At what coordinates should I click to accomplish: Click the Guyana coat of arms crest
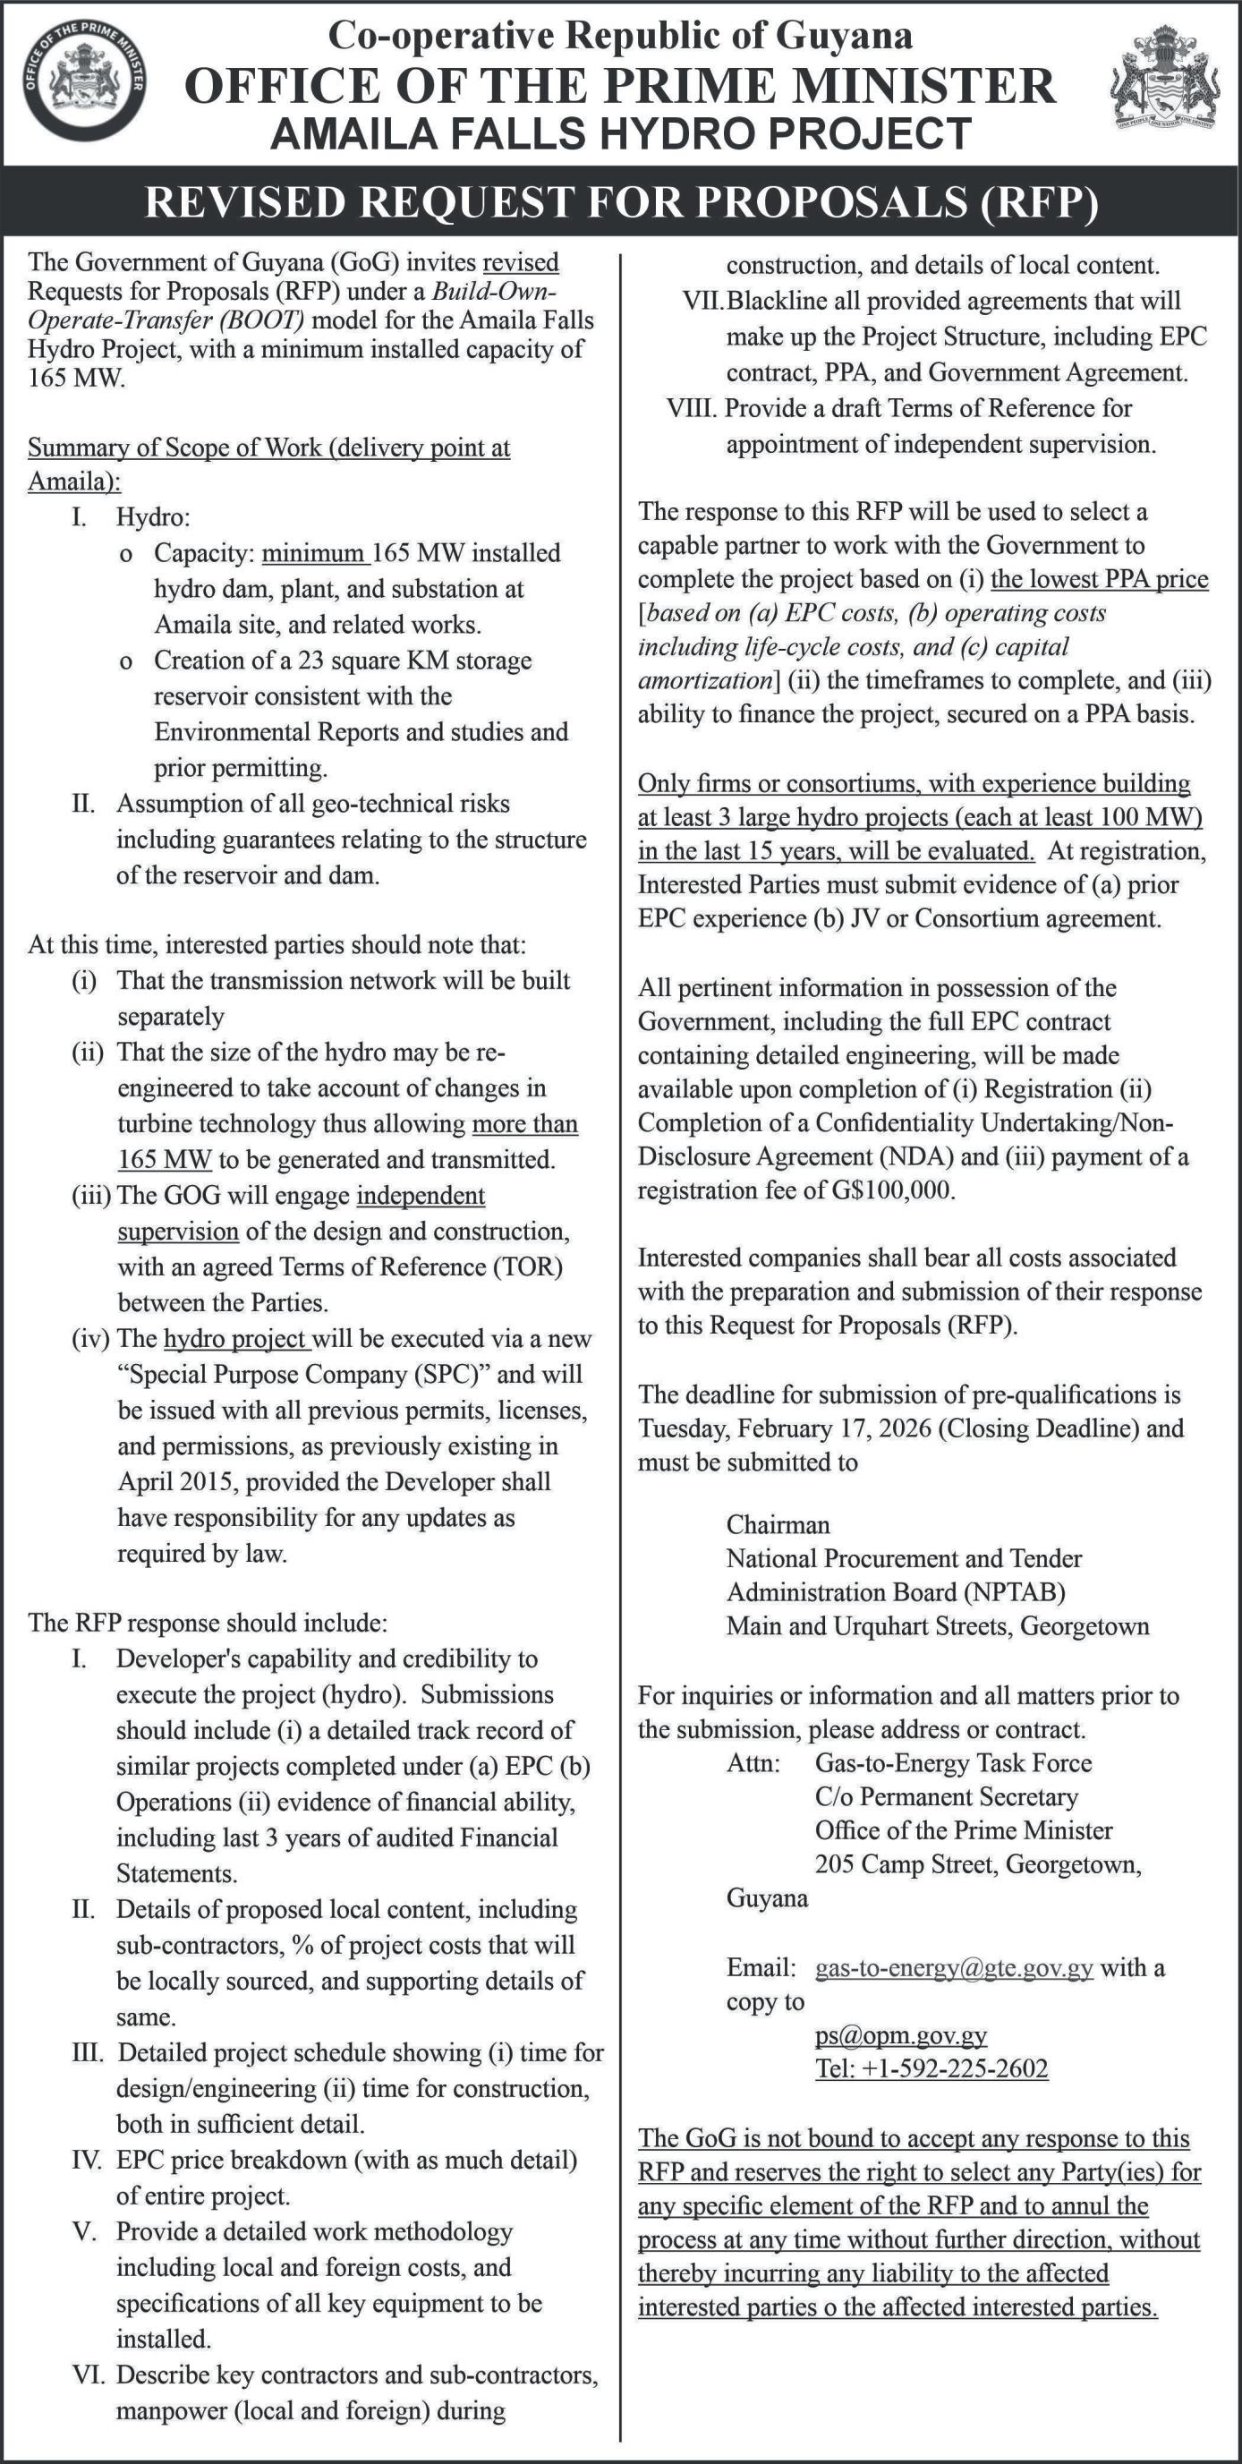coord(1164,78)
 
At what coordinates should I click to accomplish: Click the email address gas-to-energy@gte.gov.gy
coord(953,1967)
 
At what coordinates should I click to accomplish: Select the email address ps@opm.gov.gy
coord(901,2034)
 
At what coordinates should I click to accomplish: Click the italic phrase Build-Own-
coord(494,291)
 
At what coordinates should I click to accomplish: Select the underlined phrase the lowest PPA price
coord(1099,579)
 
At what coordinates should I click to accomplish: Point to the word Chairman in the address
coord(778,1525)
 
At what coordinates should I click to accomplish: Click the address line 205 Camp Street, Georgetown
coord(977,1863)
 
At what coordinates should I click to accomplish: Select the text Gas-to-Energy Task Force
coord(952,1763)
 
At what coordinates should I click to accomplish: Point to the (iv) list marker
coord(92,1339)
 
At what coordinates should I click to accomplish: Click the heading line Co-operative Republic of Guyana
coord(619,37)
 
